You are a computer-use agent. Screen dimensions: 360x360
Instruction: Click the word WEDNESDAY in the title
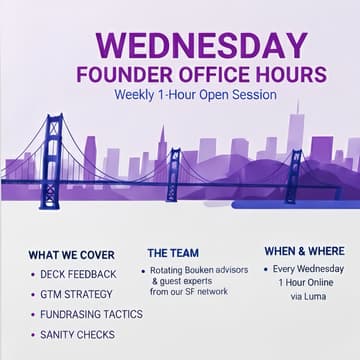click(x=200, y=44)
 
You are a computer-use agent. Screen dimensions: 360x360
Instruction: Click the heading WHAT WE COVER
click(x=71, y=255)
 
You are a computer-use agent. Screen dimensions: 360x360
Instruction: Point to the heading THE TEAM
click(x=173, y=253)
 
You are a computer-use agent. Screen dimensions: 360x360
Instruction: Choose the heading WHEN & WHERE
click(x=304, y=251)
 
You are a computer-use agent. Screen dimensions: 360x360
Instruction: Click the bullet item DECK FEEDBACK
click(x=79, y=274)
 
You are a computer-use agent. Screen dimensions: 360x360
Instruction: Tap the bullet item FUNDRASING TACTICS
click(x=92, y=314)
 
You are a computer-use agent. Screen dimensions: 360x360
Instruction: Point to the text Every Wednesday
click(x=309, y=269)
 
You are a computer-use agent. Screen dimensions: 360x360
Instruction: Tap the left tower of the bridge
click(x=51, y=160)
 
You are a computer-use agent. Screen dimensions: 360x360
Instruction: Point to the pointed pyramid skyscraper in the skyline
click(x=162, y=145)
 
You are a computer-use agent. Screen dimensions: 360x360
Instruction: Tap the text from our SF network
click(x=188, y=292)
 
